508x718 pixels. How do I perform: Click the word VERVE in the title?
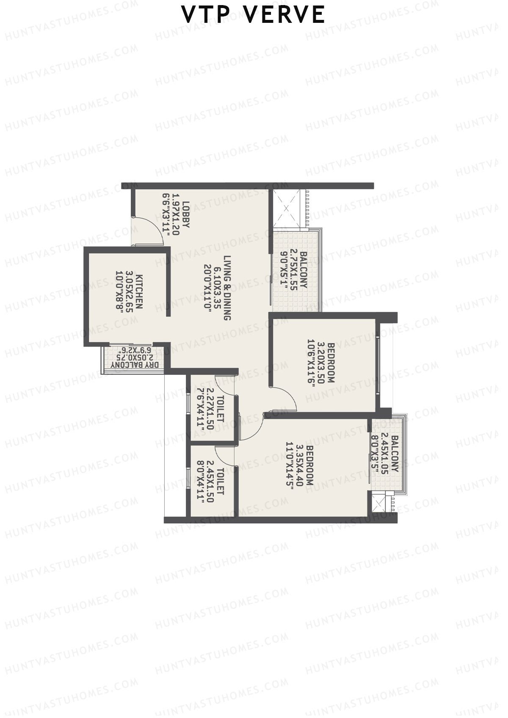click(285, 15)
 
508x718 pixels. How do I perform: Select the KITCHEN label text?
click(139, 292)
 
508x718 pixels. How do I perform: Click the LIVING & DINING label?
click(228, 288)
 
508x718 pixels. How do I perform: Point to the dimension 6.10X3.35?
click(218, 288)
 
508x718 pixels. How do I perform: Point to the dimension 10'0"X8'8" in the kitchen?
click(120, 292)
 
